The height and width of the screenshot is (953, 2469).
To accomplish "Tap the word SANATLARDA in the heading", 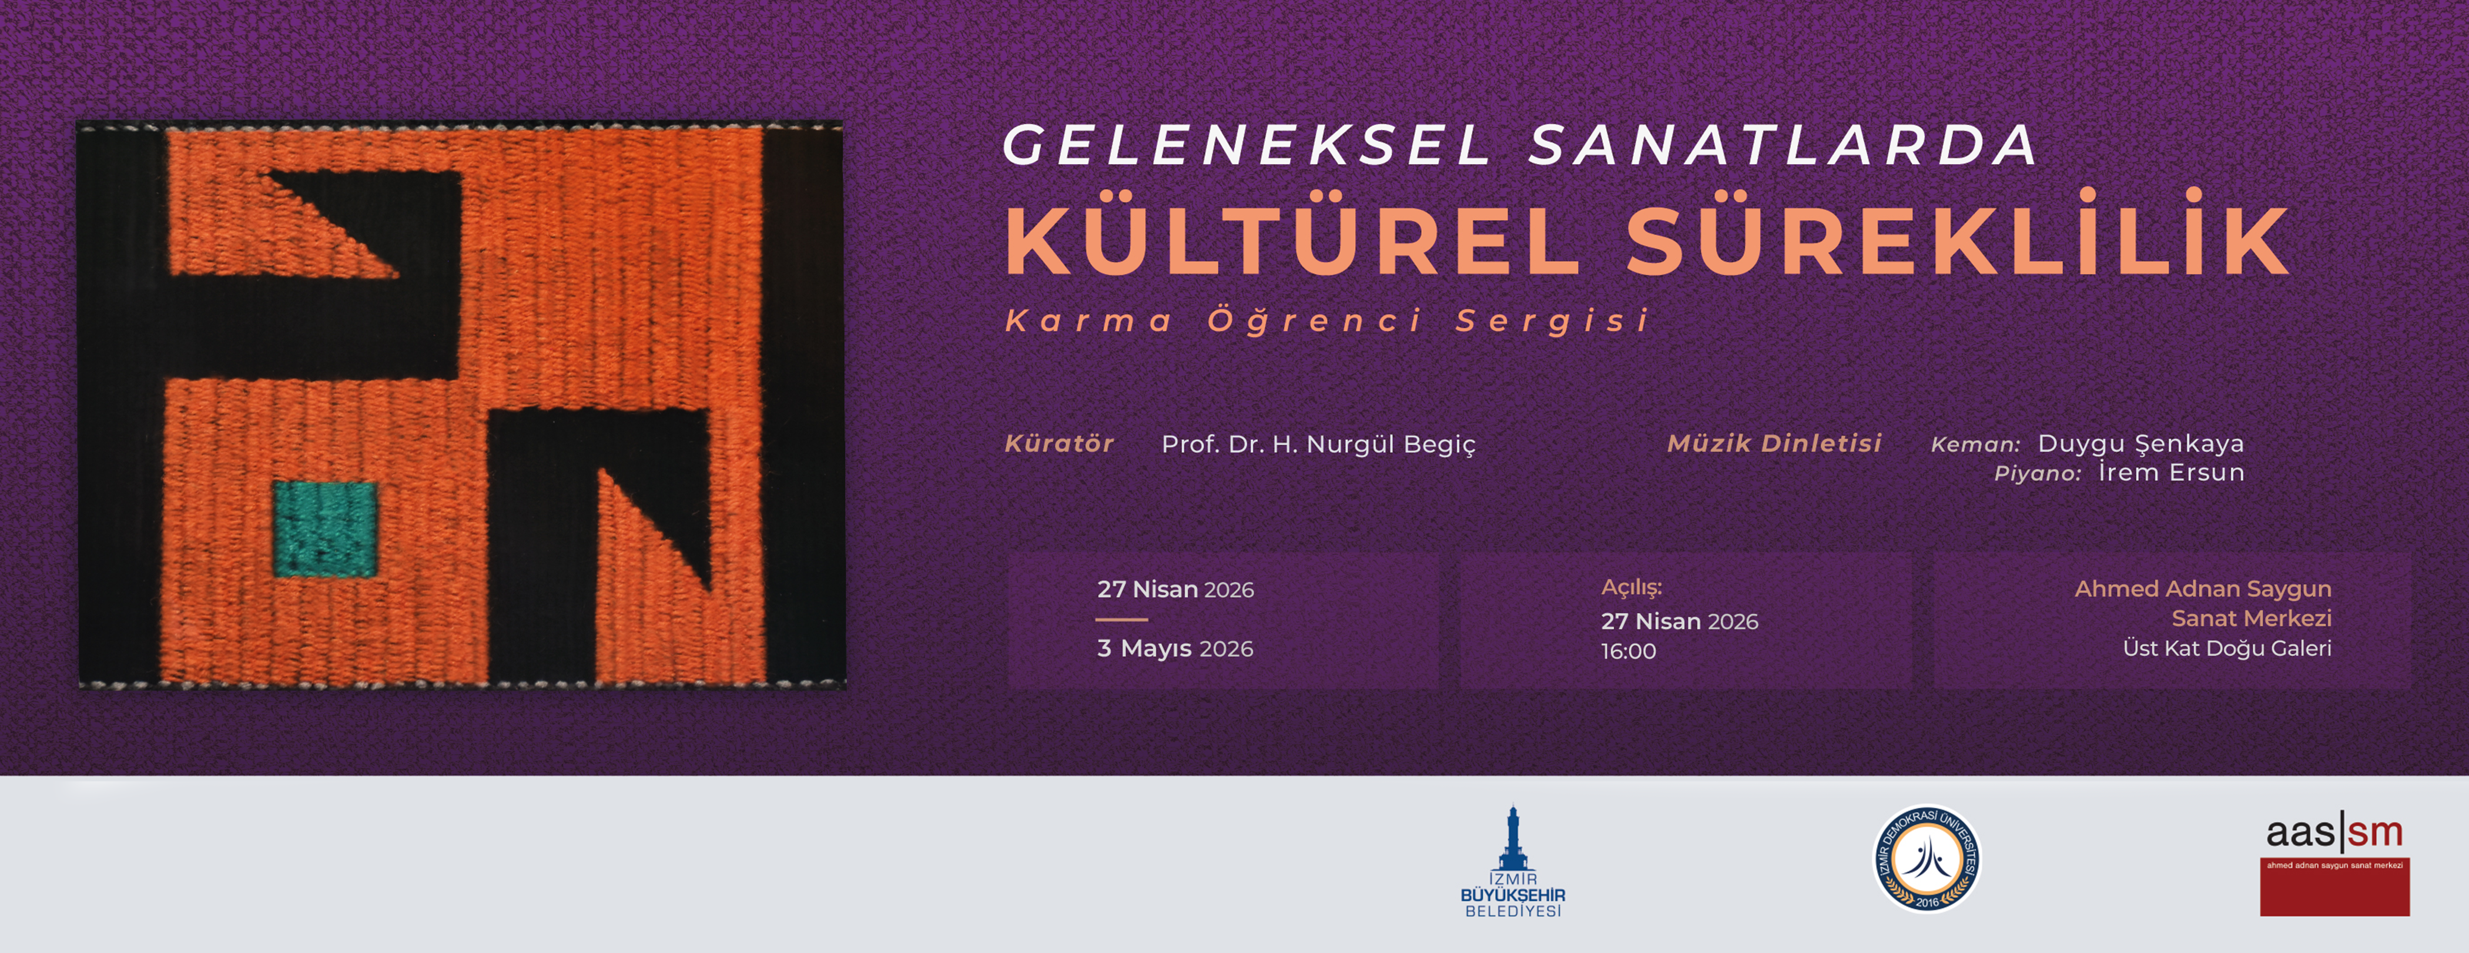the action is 1783,145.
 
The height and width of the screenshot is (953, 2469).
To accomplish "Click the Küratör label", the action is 1059,444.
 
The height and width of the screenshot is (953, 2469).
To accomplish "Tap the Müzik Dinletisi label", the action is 1774,443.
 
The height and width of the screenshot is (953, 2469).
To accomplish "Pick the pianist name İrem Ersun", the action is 2171,472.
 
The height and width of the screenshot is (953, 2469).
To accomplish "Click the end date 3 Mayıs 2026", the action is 1175,648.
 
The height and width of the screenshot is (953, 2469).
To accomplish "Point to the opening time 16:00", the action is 1629,651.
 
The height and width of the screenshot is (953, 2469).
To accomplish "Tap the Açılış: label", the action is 1632,588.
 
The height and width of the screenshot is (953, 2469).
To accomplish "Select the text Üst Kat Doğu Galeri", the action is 2226,648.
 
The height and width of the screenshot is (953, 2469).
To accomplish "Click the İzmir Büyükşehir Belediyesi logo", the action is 1512,861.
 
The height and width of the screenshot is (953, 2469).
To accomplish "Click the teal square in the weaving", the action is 326,529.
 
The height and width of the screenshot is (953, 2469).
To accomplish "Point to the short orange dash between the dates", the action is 1121,619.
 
